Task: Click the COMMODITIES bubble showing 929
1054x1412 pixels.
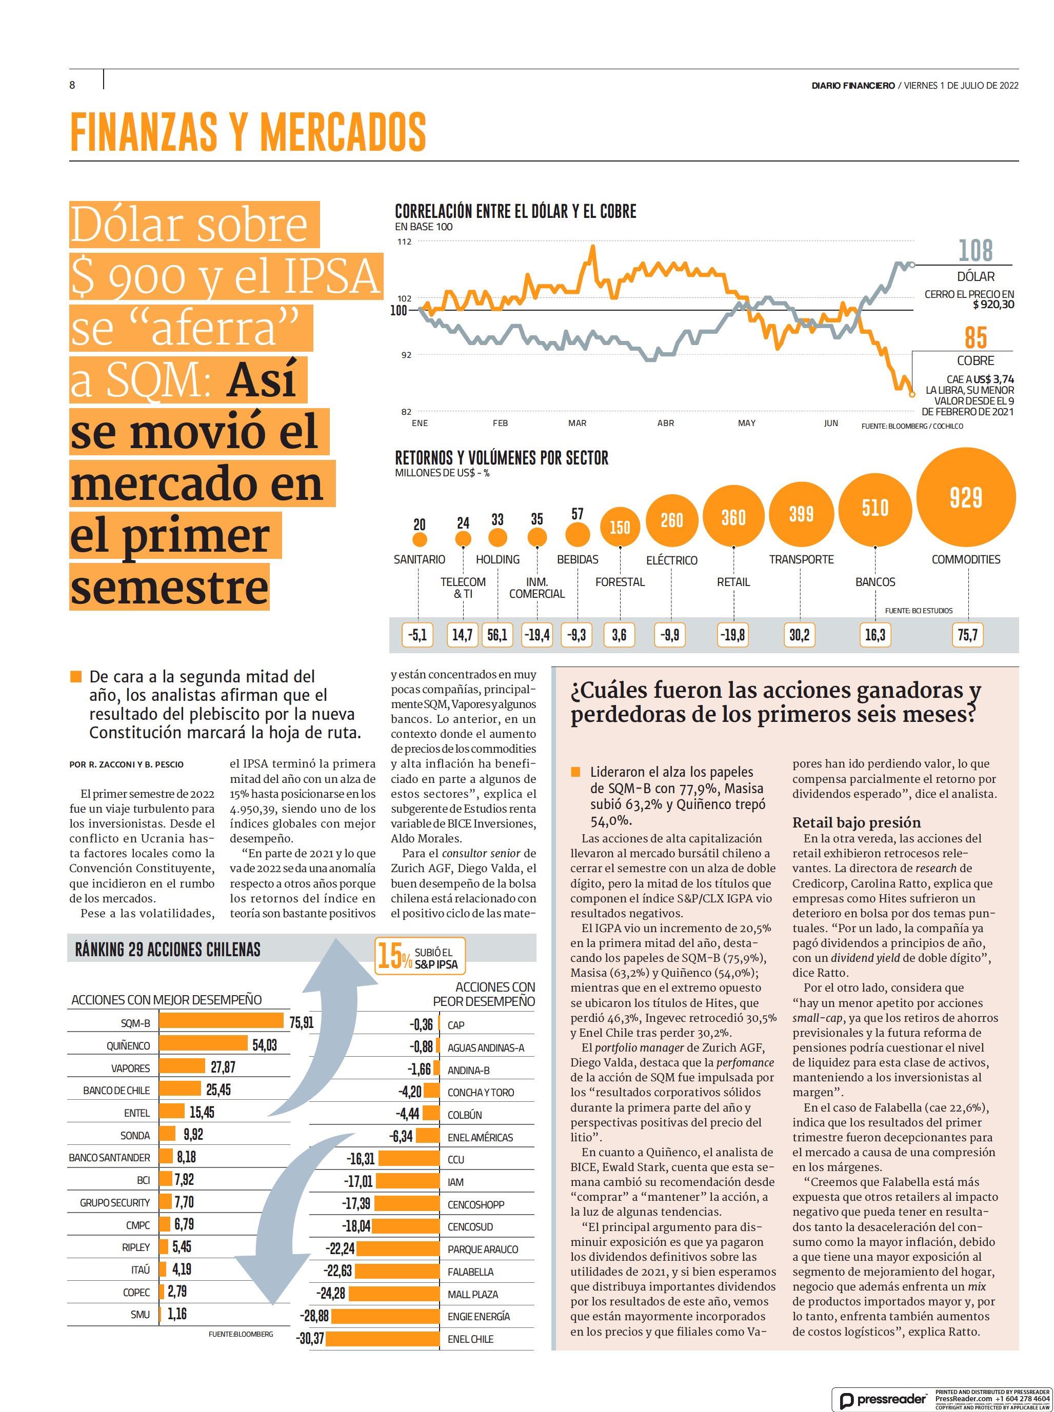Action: [x=965, y=497]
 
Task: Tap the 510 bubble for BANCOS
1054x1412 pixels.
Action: [x=874, y=508]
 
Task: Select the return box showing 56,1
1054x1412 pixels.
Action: [x=497, y=635]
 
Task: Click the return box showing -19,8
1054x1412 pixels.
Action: [x=732, y=635]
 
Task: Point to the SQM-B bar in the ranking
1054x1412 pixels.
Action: [x=221, y=1022]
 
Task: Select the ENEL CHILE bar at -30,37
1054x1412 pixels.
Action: [x=383, y=1338]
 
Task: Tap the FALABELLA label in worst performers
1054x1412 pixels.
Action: [x=470, y=1271]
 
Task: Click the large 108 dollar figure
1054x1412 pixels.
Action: [x=976, y=251]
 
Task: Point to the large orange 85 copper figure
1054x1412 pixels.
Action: [x=976, y=338]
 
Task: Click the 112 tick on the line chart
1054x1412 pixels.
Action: [x=405, y=241]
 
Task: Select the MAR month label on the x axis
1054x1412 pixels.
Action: [x=577, y=423]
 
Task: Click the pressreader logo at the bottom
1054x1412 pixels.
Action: [x=884, y=1400]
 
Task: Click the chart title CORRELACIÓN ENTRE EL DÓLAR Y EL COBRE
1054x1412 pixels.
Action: [x=515, y=211]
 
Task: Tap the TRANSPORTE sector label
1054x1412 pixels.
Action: [x=801, y=559]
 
